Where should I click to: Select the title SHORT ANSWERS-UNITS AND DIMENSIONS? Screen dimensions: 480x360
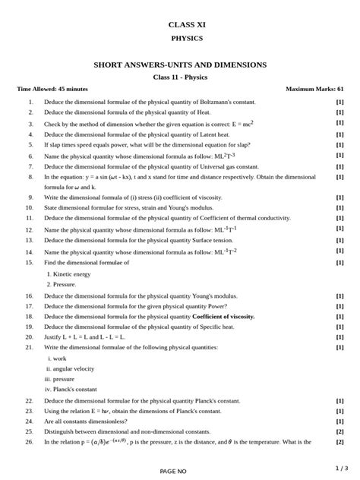pyautogui.click(x=180, y=65)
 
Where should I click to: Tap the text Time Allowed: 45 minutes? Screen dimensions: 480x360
pyautogui.click(x=52, y=89)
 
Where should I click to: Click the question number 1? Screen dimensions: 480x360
pyautogui.click(x=30, y=102)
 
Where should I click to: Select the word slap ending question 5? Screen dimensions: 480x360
pyautogui.click(x=236, y=144)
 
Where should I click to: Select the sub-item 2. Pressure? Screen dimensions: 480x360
pyautogui.click(x=62, y=284)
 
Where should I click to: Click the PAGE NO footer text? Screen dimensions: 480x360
pyautogui.click(x=172, y=471)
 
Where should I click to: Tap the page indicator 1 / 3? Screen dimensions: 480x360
pyautogui.click(x=341, y=468)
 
